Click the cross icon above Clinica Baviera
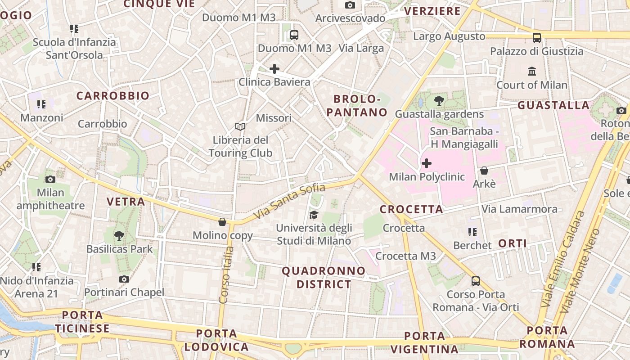pos(274,69)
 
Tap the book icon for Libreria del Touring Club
pos(240,127)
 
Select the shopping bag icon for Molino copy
pos(222,222)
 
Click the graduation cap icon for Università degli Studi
pos(314,215)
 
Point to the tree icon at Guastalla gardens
pos(439,101)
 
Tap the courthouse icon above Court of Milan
pos(532,71)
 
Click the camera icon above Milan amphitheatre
pos(50,179)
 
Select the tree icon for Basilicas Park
pos(119,235)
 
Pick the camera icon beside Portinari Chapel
pos(124,279)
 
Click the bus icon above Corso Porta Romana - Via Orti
pos(476,281)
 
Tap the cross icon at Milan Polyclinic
pos(426,163)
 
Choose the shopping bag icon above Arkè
pos(484,171)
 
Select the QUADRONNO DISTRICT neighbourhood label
pos(324,278)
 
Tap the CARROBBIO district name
pos(112,96)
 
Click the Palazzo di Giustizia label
pos(536,51)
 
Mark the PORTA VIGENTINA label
pos(424,342)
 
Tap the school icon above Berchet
pos(472,232)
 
